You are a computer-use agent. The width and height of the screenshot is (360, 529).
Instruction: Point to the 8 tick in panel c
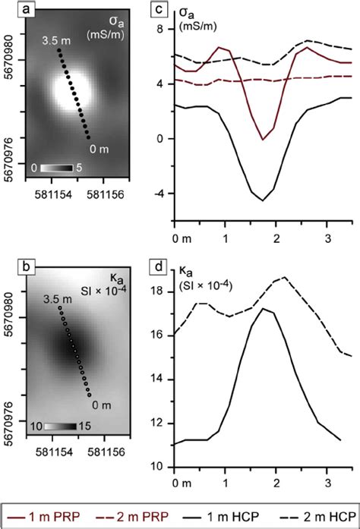(x=160, y=29)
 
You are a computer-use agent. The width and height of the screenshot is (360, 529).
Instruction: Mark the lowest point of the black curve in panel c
(x=263, y=200)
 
